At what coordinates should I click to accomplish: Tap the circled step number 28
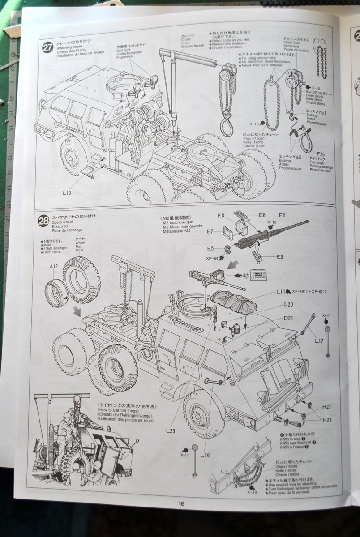tap(43, 221)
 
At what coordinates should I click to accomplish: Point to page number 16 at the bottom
tap(181, 503)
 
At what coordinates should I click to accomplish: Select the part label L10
tap(67, 192)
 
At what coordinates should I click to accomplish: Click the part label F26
tap(319, 154)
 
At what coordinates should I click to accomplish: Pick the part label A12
tap(54, 266)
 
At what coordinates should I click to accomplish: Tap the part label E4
tap(282, 216)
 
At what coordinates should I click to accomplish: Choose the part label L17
tap(319, 341)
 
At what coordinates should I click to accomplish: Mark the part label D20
tap(288, 304)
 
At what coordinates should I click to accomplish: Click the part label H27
tap(326, 407)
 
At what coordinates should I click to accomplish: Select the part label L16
tap(205, 455)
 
